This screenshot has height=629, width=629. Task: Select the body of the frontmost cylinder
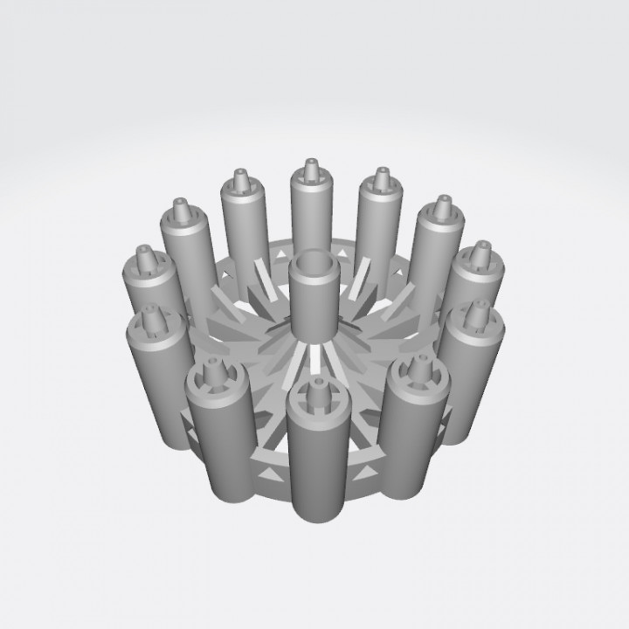click(x=314, y=463)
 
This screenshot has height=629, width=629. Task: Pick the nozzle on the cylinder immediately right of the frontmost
click(x=416, y=376)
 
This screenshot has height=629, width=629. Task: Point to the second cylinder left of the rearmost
click(x=185, y=253)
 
